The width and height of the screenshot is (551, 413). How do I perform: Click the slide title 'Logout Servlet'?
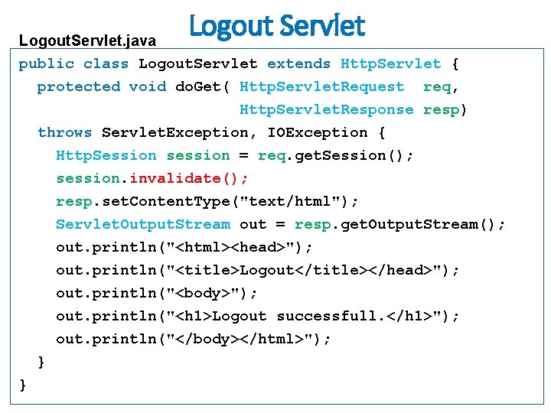(277, 27)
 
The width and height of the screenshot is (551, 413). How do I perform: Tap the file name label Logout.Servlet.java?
(87, 40)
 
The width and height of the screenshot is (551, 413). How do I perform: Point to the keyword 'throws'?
(64, 133)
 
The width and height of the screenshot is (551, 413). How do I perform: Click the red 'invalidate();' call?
(189, 179)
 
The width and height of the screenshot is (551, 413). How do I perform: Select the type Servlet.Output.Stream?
(142, 225)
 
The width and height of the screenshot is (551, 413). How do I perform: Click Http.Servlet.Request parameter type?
(321, 87)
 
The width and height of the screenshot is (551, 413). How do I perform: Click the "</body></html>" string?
(239, 340)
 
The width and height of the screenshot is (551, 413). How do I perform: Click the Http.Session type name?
(106, 156)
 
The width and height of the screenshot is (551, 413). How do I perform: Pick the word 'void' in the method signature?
(147, 87)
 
